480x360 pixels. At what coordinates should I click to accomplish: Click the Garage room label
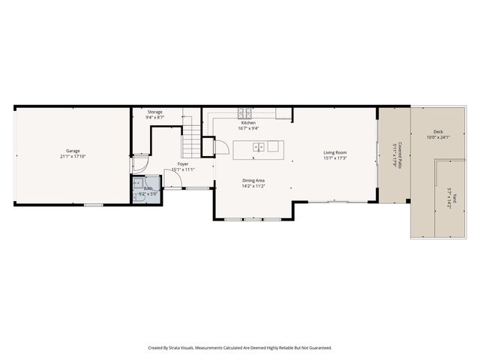point(72,151)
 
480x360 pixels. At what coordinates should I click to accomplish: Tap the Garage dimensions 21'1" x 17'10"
point(72,157)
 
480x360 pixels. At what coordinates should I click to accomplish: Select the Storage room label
point(154,112)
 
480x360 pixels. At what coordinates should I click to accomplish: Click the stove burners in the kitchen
point(245,114)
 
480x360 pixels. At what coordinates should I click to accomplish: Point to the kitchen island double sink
point(257,147)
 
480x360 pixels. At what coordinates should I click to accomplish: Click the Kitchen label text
point(247,123)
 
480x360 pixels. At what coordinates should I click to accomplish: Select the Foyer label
point(182,163)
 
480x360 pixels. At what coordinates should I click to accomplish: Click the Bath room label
point(148,188)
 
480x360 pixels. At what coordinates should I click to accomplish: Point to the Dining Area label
point(253,181)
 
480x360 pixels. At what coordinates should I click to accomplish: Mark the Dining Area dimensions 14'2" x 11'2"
point(253,187)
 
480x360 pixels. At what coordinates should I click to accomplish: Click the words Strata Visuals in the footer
point(183,348)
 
